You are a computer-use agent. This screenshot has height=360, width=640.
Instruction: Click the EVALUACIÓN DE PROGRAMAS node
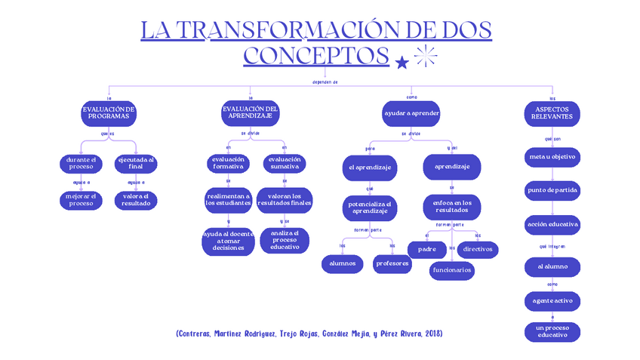(x=109, y=113)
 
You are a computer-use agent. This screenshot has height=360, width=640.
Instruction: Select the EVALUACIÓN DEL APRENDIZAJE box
(x=250, y=113)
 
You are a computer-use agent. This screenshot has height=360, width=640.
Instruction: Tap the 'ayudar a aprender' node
(x=411, y=113)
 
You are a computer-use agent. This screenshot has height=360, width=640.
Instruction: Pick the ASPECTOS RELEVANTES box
(x=552, y=113)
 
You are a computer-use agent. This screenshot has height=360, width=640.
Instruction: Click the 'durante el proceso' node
(x=81, y=163)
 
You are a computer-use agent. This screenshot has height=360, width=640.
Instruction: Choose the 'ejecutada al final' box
(x=136, y=163)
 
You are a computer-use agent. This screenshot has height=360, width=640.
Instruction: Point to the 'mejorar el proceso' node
(x=81, y=200)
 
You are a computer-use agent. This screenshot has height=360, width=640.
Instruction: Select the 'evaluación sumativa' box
(x=284, y=163)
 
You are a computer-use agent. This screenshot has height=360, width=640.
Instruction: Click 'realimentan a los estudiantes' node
(x=228, y=200)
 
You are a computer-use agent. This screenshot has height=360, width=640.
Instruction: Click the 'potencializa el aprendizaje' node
(x=370, y=207)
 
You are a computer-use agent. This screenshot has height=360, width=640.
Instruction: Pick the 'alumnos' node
(x=342, y=263)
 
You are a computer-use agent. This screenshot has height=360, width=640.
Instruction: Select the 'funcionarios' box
(x=452, y=269)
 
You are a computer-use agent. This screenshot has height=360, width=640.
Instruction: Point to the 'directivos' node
(x=478, y=248)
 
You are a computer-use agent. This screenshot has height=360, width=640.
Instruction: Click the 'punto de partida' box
(x=552, y=190)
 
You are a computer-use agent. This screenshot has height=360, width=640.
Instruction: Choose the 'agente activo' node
(x=552, y=300)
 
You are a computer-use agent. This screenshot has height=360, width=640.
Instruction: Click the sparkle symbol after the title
(x=426, y=56)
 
